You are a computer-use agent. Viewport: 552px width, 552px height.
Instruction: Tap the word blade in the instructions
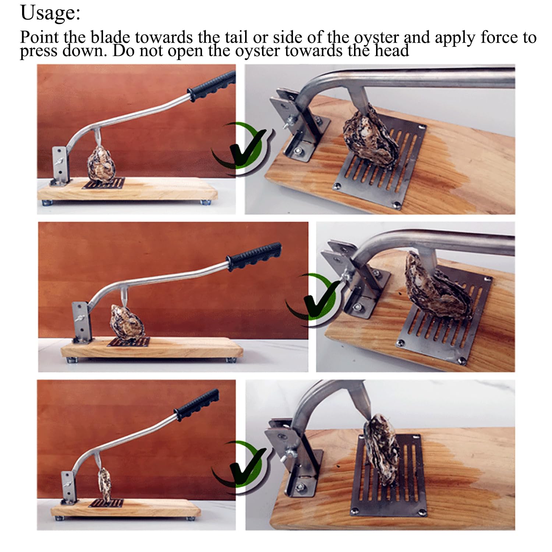[110, 37]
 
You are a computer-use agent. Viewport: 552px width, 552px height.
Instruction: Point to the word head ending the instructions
[392, 50]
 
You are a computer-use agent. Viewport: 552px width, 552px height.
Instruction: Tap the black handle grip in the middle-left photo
[254, 256]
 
